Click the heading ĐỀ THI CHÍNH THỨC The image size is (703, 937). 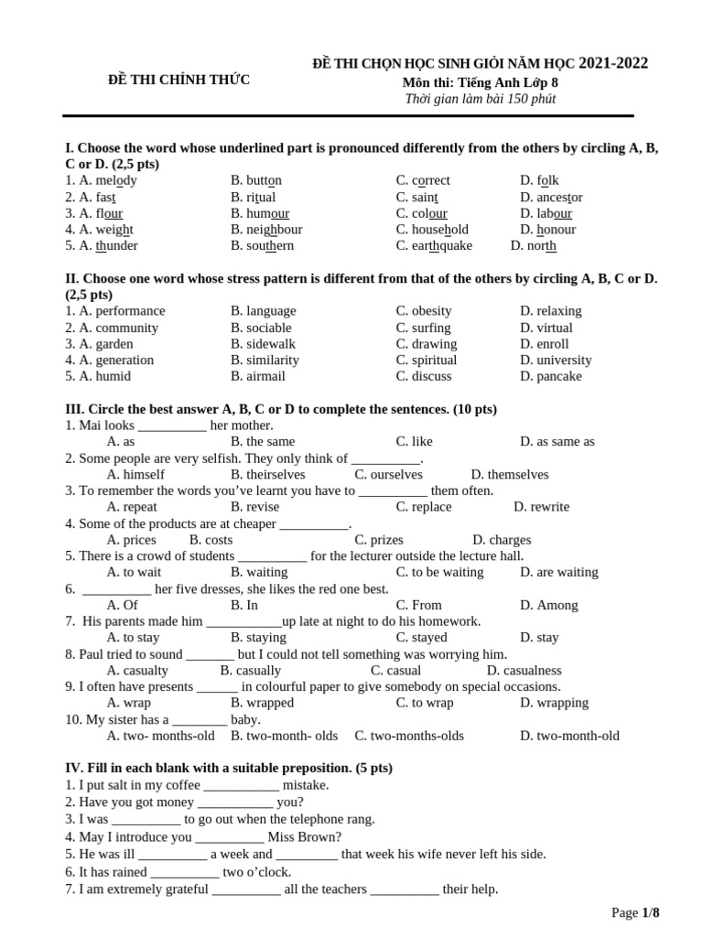point(179,81)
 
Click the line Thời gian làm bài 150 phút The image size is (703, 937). point(480,99)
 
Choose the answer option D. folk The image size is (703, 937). point(539,181)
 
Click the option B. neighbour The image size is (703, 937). point(266,230)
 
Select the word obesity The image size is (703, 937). point(431,311)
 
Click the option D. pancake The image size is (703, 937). point(550,377)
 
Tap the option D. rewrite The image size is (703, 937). point(541,507)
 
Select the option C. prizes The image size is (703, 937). point(379,540)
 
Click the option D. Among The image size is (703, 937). point(549,605)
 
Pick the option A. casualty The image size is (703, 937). point(137,671)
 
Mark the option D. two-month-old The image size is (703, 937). point(569,736)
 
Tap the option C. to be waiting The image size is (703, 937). point(439,573)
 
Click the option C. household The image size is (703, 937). point(432,230)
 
